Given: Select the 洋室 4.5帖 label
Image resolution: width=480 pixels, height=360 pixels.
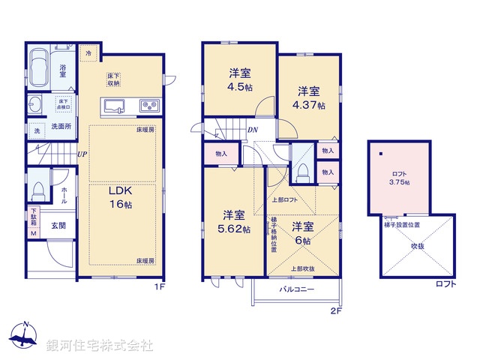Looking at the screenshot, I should (240, 79).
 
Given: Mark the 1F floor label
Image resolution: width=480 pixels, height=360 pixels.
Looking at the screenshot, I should (159, 286).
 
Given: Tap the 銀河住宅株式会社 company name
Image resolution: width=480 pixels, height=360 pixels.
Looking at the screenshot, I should (100, 345).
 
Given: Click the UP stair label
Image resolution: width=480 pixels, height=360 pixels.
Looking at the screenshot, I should (81, 154).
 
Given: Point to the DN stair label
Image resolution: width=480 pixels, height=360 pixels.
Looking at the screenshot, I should (253, 129).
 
